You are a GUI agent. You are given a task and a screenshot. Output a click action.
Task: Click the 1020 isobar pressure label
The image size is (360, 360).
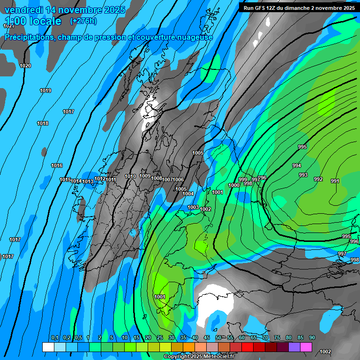pyautogui.click(x=25, y=66)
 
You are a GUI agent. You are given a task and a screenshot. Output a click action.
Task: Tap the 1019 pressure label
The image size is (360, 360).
pyautogui.click(x=45, y=90)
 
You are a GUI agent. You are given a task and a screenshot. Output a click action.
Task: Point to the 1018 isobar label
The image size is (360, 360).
pyautogui.click(x=43, y=123)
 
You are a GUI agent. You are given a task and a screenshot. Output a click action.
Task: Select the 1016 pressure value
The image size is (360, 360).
pyautogui.click(x=57, y=165)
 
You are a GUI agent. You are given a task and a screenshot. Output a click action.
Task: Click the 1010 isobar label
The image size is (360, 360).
pyautogui.click(x=130, y=176)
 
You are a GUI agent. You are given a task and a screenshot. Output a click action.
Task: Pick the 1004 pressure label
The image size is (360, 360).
pyautogui.click(x=188, y=194)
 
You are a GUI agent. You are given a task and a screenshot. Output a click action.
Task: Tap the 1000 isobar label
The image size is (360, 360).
pyautogui.click(x=234, y=185)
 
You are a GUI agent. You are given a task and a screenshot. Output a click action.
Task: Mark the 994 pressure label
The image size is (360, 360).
pyautogui.click(x=297, y=165)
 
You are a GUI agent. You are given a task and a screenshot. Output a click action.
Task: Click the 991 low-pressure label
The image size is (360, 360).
pyautogui.click(x=335, y=181)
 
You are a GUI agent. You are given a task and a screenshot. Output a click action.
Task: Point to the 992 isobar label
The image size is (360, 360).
pyautogui.click(x=318, y=179)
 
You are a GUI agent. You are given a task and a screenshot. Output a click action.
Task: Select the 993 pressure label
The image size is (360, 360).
pyautogui.click(x=303, y=175)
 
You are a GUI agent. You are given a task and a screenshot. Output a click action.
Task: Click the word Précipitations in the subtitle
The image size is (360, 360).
pyautogui.click(x=28, y=37)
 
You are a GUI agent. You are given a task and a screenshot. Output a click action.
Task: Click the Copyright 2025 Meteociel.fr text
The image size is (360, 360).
pyautogui.click(x=199, y=357)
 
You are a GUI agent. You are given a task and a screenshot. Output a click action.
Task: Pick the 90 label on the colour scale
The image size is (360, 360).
pyautogui.click(x=312, y=337)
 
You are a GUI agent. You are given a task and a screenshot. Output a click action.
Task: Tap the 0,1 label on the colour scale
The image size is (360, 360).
pyautogui.click(x=54, y=337)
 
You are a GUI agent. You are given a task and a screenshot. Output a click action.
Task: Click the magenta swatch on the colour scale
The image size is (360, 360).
pyautogui.click(x=306, y=347)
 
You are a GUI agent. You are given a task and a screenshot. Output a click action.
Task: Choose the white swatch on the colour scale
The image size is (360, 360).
pyautogui.click(x=48, y=347)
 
